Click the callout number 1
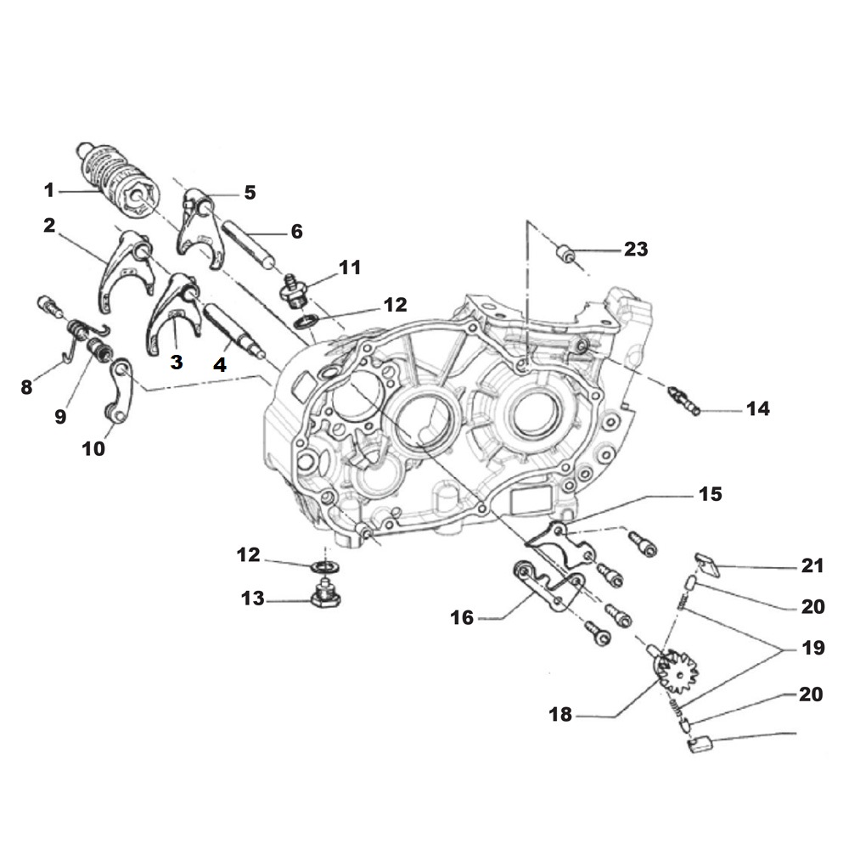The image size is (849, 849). coord(49,189)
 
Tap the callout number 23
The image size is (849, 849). coord(635,249)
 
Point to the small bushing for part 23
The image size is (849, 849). coord(565,252)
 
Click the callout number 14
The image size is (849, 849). coord(757,409)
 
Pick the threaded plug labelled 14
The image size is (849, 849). coord(683,399)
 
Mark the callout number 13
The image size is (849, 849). coord(253,599)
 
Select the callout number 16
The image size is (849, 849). coord(462,617)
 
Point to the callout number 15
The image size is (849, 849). coord(710,493)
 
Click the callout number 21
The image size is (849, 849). coord(812,566)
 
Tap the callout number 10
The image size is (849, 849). coord(93,447)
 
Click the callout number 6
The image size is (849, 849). coord(295,231)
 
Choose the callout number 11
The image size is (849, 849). coord(349,268)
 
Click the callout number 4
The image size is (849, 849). coord(219,367)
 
